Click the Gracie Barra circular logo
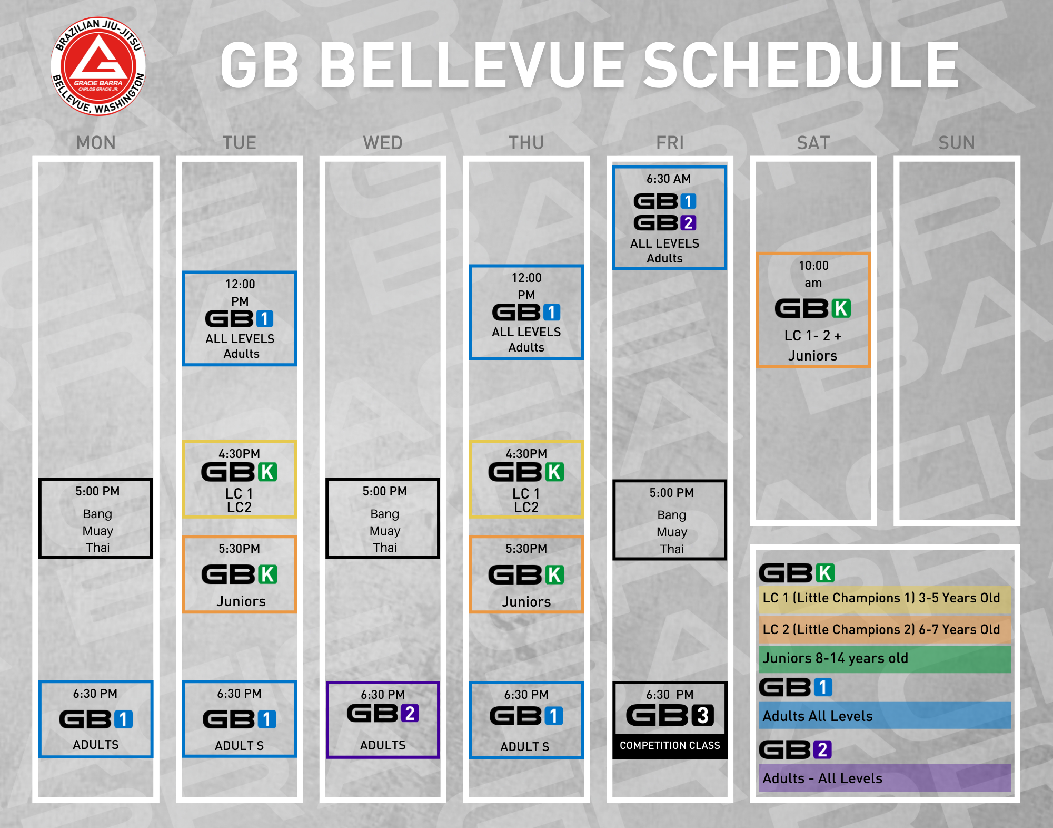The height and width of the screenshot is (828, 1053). pyautogui.click(x=98, y=66)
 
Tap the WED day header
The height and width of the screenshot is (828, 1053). pyautogui.click(x=383, y=143)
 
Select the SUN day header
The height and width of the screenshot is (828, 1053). pyautogui.click(x=957, y=143)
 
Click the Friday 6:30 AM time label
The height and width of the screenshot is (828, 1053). pyautogui.click(x=669, y=179)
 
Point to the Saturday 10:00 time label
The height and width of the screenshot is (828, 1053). pyautogui.click(x=813, y=266)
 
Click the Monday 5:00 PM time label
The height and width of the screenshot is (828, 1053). pyautogui.click(x=97, y=491)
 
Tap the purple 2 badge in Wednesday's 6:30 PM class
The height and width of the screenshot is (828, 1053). pyautogui.click(x=410, y=713)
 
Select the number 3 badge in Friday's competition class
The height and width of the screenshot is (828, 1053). pyautogui.click(x=703, y=715)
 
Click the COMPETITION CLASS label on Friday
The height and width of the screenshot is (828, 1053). pyautogui.click(x=670, y=745)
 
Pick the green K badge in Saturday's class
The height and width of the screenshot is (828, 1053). pyautogui.click(x=841, y=308)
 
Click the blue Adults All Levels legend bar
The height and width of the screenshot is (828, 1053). pyautogui.click(x=885, y=715)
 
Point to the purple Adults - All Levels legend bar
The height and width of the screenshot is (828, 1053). pyautogui.click(x=885, y=778)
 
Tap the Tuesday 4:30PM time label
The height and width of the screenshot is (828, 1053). pyautogui.click(x=240, y=454)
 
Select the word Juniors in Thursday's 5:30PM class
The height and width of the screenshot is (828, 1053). pyautogui.click(x=526, y=602)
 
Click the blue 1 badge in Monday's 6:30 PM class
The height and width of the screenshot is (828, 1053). pyautogui.click(x=124, y=719)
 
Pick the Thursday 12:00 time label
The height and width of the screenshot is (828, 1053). pyautogui.click(x=526, y=278)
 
